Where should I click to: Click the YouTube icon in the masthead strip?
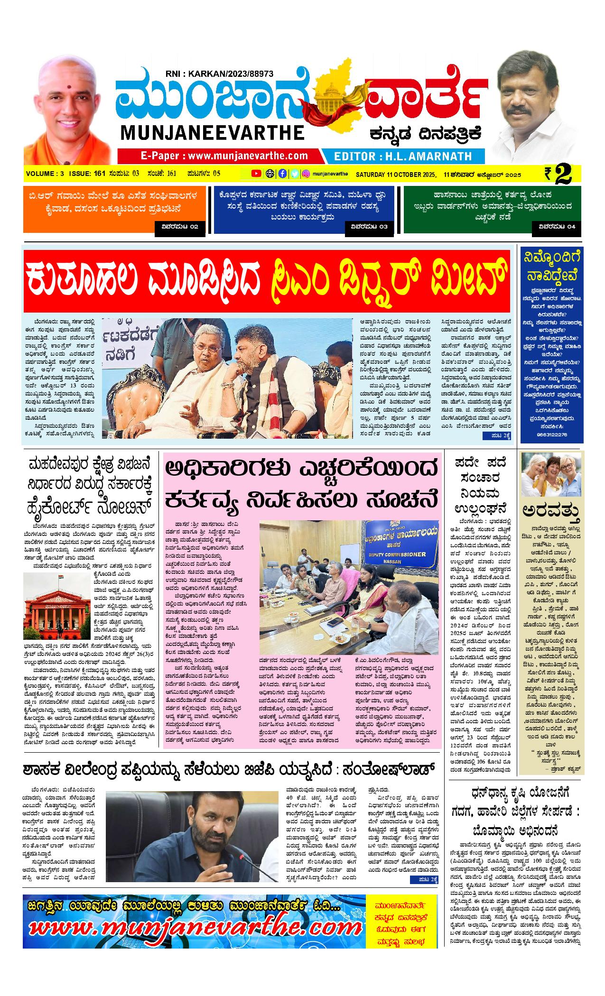point(256,174)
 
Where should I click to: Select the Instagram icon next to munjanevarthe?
point(307,174)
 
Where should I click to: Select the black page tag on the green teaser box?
point(557,227)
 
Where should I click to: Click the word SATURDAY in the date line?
point(371,175)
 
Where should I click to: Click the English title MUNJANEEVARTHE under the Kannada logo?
point(212,132)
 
